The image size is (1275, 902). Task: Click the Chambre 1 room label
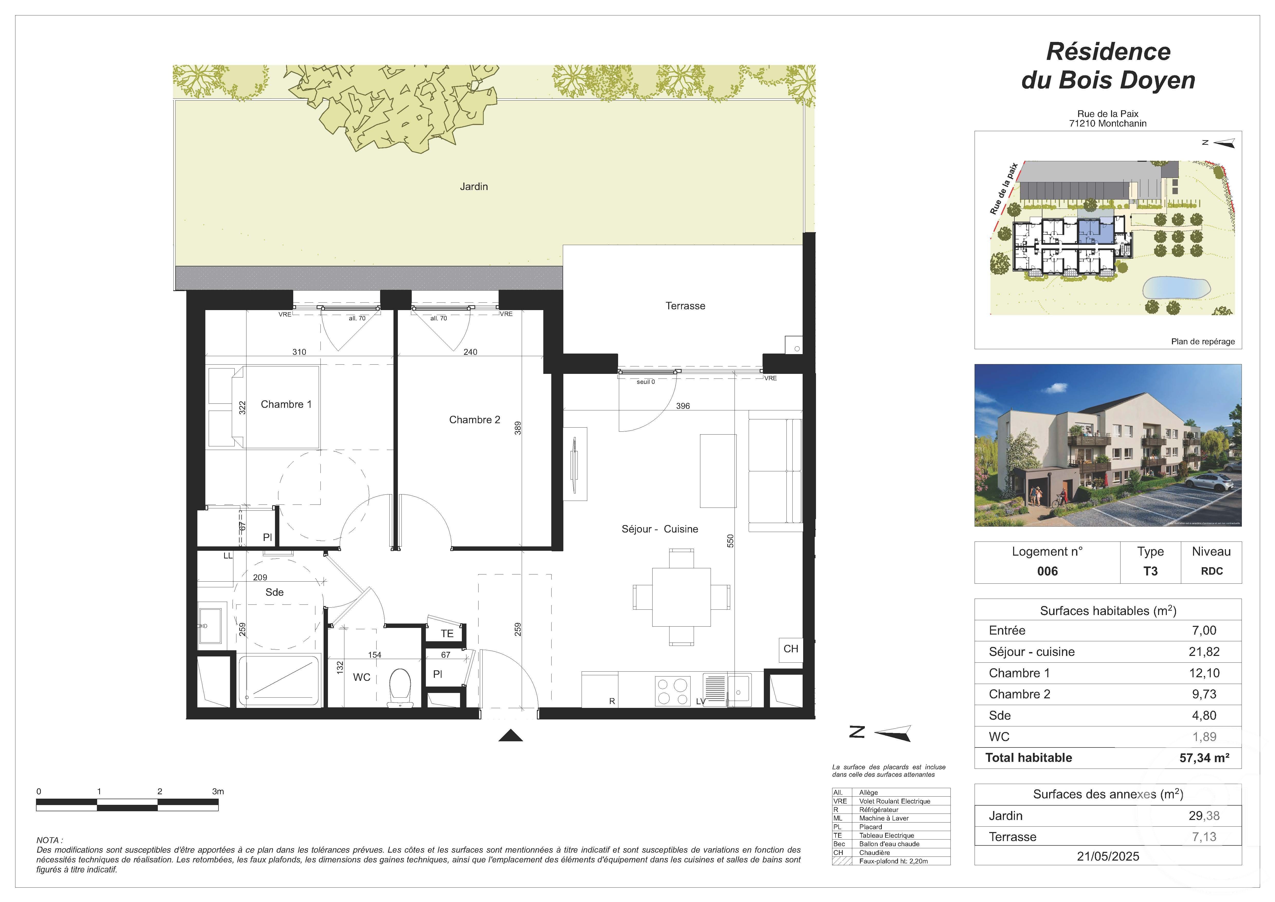(x=286, y=404)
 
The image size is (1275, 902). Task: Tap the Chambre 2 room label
(x=474, y=420)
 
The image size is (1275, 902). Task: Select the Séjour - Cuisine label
(x=660, y=529)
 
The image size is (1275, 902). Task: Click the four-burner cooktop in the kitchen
(x=673, y=691)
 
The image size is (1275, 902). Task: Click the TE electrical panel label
(x=447, y=634)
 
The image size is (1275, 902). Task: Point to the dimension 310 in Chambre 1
(x=299, y=351)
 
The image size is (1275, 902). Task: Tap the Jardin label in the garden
(x=474, y=187)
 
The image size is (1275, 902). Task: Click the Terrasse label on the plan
(x=685, y=306)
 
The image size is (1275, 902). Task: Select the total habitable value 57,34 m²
(x=1204, y=758)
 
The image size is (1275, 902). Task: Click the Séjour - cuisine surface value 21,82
(x=1203, y=652)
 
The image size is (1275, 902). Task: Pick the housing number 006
(x=1047, y=572)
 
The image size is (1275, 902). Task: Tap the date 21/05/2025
(x=1108, y=856)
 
